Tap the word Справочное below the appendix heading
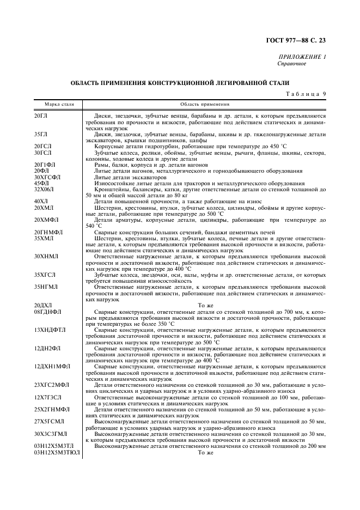[x=292, y=64]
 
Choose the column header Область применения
[x=205, y=104]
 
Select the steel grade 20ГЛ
[x=41, y=116]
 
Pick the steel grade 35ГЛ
[x=41, y=133]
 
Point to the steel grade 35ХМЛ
[x=44, y=238]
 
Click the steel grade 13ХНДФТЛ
[x=49, y=330]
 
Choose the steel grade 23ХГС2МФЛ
[x=50, y=385]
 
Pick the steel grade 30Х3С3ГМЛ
[x=49, y=434]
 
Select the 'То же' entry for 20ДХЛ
[x=205, y=306]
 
